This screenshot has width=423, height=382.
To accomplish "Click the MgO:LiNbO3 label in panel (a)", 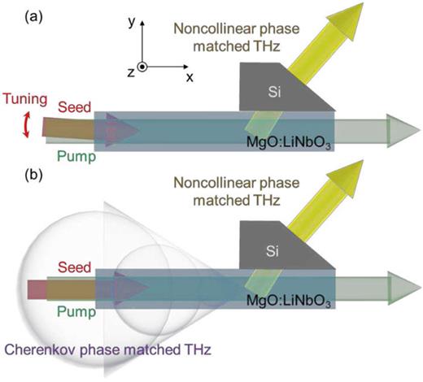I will click(292, 145).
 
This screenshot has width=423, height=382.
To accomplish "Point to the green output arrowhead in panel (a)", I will click(398, 128).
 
